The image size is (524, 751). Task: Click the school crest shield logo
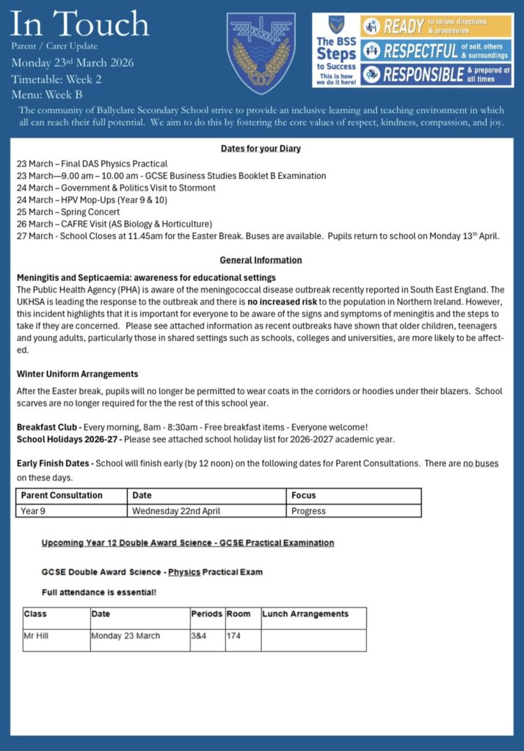click(261, 53)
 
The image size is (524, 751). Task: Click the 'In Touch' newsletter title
click(80, 23)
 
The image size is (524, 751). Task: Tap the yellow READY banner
click(436, 26)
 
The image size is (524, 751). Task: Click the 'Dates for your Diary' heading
click(261, 149)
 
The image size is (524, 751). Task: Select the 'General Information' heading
click(261, 260)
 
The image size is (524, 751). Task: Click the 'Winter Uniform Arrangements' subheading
click(77, 374)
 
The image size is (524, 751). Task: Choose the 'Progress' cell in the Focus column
click(308, 510)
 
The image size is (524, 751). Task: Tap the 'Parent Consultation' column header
click(62, 496)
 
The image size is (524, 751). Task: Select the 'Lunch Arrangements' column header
click(305, 614)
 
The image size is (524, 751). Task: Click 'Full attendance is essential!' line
click(99, 592)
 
